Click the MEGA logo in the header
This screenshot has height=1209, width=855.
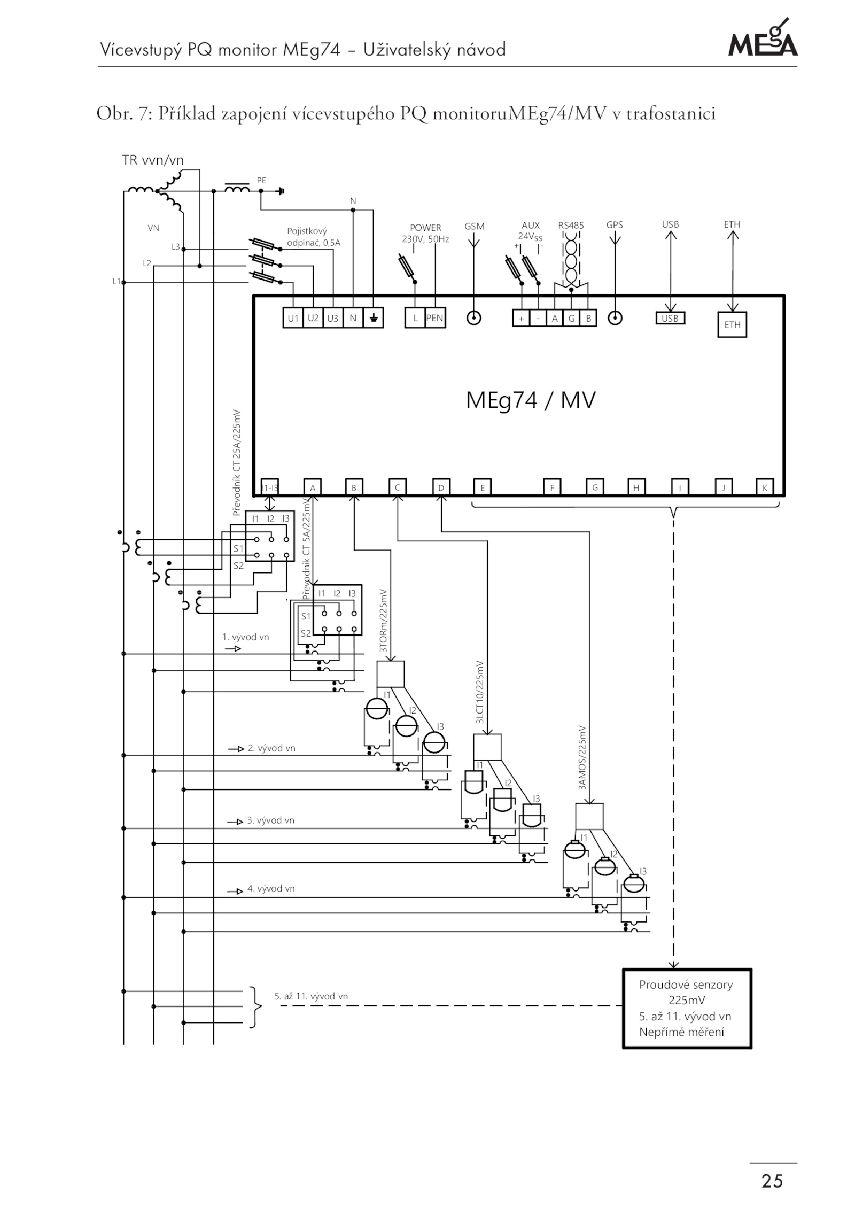click(x=763, y=38)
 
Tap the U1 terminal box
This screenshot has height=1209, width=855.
click(x=293, y=319)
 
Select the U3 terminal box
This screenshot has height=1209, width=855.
click(x=333, y=319)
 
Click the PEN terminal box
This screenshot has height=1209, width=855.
click(x=434, y=318)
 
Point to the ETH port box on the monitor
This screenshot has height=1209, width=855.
click(x=732, y=325)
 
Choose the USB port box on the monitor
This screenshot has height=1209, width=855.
click(x=670, y=319)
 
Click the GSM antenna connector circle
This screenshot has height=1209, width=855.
click(x=474, y=319)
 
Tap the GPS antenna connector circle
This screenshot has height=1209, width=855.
click(x=616, y=319)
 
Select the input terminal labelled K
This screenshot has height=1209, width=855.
click(x=765, y=487)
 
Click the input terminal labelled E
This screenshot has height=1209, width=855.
click(x=483, y=487)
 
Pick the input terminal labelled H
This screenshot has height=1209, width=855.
click(x=636, y=487)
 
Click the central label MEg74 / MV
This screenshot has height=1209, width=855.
click(x=531, y=400)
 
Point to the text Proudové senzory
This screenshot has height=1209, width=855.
click(x=686, y=985)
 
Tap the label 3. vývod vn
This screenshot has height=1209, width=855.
click(x=270, y=820)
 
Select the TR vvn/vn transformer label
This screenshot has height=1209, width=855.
click(x=153, y=160)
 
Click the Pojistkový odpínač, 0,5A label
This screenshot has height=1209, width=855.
click(x=314, y=237)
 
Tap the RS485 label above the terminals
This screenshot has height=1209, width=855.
click(x=571, y=226)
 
